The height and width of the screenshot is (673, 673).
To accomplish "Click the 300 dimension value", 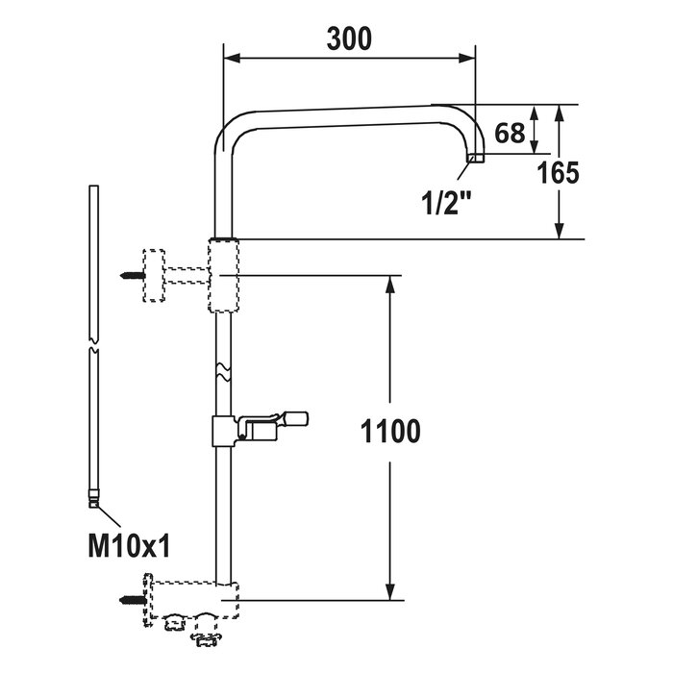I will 348,38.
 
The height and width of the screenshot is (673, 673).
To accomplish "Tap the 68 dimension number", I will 510,133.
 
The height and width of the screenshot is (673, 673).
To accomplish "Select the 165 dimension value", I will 558,173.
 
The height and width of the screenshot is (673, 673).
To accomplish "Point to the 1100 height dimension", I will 391,433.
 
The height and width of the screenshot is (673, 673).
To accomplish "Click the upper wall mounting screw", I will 132,275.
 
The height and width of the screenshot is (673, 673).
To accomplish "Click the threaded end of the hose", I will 93,499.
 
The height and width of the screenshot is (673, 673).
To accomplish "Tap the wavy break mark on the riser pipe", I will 223,370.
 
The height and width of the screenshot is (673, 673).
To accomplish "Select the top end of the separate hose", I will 92,188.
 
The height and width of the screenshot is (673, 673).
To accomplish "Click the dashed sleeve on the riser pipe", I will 222,275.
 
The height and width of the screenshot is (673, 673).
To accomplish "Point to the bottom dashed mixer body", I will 192,596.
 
